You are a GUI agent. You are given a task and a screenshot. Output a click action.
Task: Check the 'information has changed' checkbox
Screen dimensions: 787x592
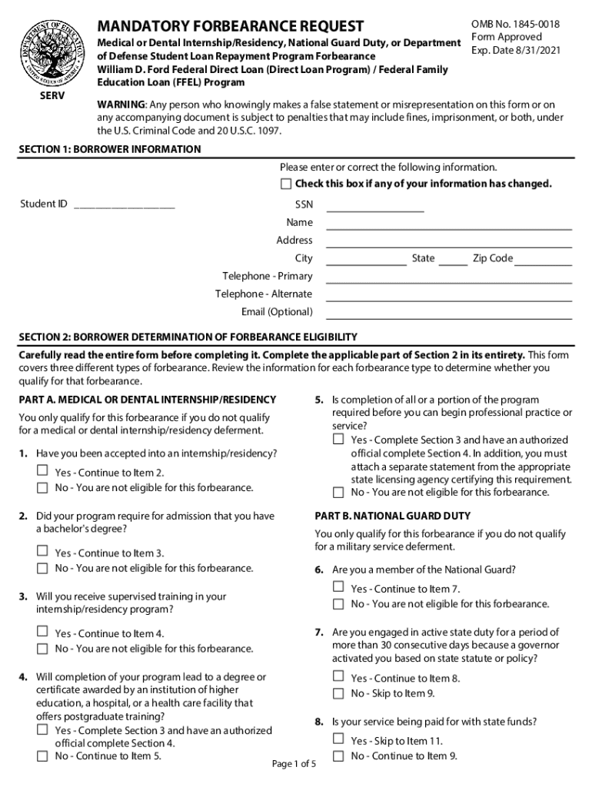286,184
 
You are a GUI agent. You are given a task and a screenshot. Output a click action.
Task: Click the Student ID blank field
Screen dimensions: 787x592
124,204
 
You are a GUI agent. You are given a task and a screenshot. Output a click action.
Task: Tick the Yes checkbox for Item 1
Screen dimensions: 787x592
42,470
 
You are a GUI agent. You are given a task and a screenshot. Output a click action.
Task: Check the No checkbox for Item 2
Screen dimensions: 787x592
42,568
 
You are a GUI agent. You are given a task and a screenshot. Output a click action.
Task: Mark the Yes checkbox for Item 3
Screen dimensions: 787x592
42,631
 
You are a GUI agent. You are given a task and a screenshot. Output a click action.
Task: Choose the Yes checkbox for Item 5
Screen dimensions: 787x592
338,440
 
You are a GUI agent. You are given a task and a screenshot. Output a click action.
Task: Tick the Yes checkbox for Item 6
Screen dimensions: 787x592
338,586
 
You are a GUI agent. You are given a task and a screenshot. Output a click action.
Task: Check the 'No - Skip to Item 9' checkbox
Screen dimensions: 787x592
338,693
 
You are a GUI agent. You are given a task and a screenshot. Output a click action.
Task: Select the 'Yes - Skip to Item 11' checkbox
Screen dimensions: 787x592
338,739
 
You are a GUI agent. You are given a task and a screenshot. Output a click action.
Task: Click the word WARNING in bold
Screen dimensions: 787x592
120,105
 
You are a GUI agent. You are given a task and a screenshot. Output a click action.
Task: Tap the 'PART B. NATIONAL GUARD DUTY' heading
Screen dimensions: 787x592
392,516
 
